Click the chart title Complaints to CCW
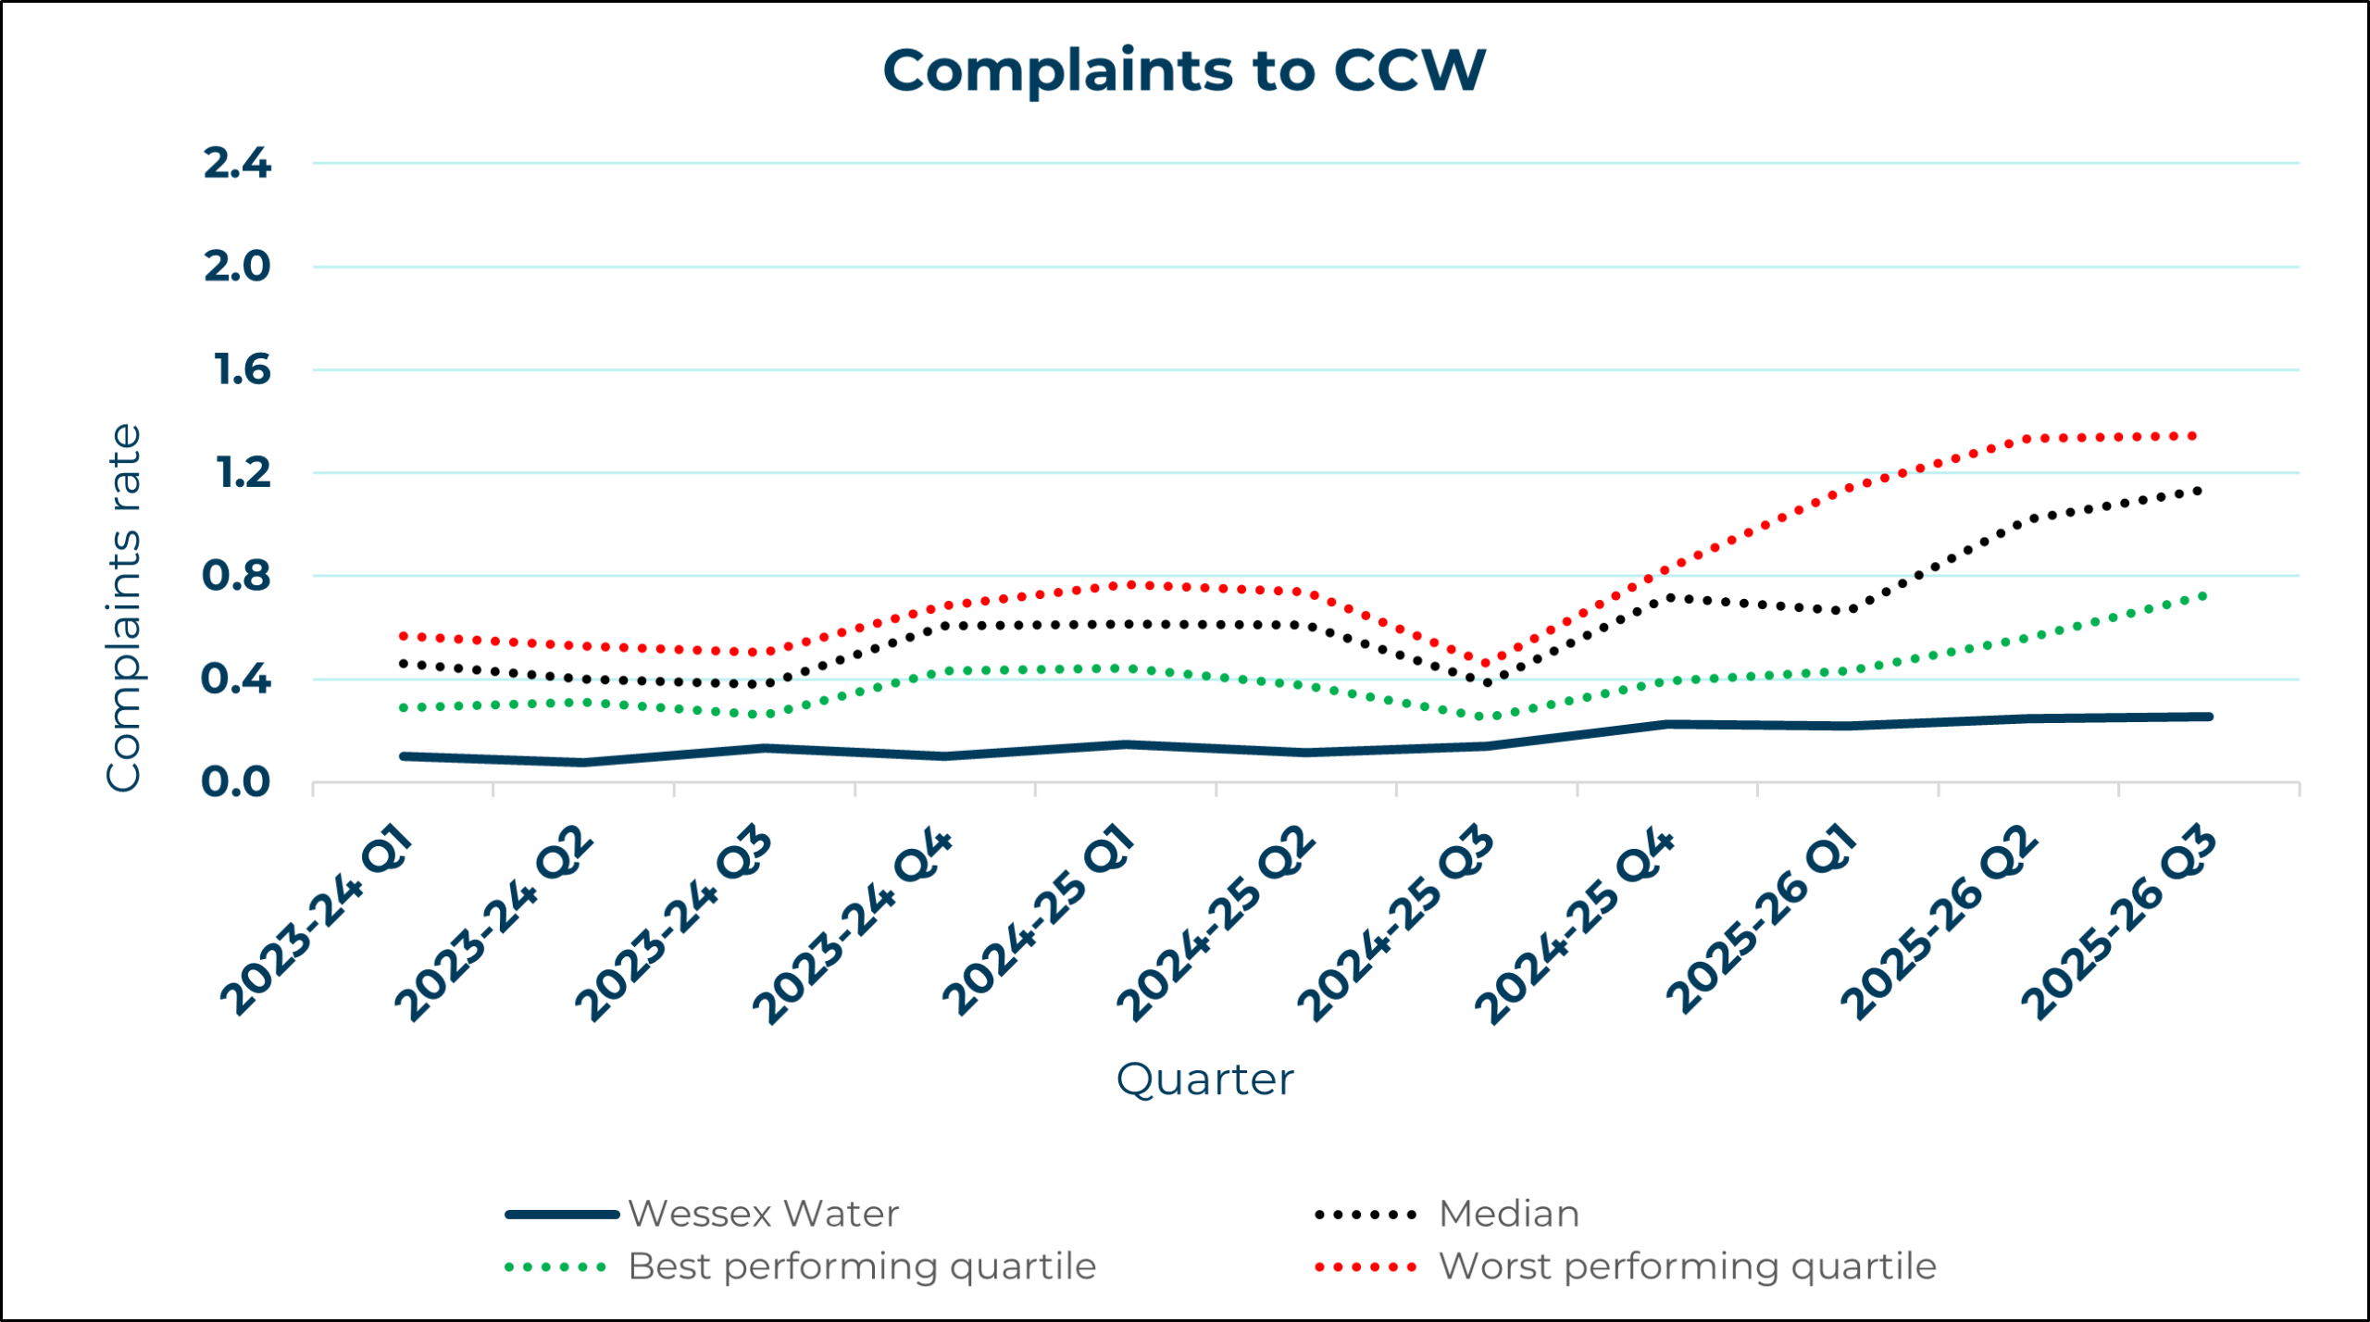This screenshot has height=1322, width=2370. point(1184,70)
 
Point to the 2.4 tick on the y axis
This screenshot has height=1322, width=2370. point(237,164)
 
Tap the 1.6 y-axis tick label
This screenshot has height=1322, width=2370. point(242,370)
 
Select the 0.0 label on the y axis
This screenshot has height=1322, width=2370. point(236,783)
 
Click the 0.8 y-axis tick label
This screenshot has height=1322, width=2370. point(236,577)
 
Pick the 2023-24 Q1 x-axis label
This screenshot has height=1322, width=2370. point(318,921)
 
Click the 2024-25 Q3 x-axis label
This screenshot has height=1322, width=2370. point(1395,924)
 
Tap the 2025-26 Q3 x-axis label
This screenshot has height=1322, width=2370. point(2119,924)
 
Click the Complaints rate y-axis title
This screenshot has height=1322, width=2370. point(123,608)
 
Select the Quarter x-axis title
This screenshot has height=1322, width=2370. point(1204,1079)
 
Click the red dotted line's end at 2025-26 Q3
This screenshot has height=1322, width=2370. point(2194,436)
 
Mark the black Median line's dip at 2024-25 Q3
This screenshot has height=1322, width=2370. point(1488,683)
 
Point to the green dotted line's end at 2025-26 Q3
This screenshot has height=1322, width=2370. point(2203,595)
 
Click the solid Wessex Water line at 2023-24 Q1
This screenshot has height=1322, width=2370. point(405,757)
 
